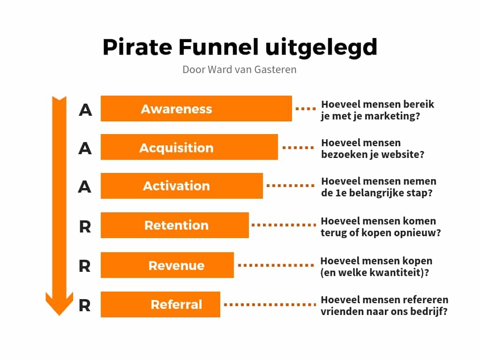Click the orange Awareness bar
coord(196,108)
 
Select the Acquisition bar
coord(189,147)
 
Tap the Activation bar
coord(181,186)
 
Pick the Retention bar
coord(175,225)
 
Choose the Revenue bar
coord(167,265)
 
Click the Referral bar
coord(160,304)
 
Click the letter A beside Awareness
coord(85,110)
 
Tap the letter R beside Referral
coord(85,306)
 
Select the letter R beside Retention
coord(85,227)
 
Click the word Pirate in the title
coord(137,47)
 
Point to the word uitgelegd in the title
coord(321,48)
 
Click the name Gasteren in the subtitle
coord(275,69)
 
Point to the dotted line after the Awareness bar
coord(306,109)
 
